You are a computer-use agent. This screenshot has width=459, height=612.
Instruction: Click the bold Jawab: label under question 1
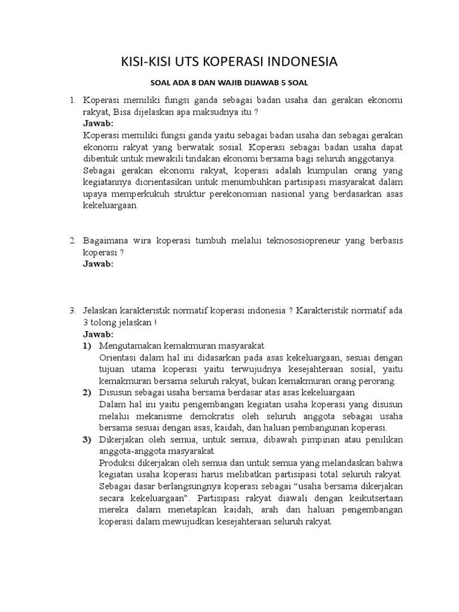coord(98,123)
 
